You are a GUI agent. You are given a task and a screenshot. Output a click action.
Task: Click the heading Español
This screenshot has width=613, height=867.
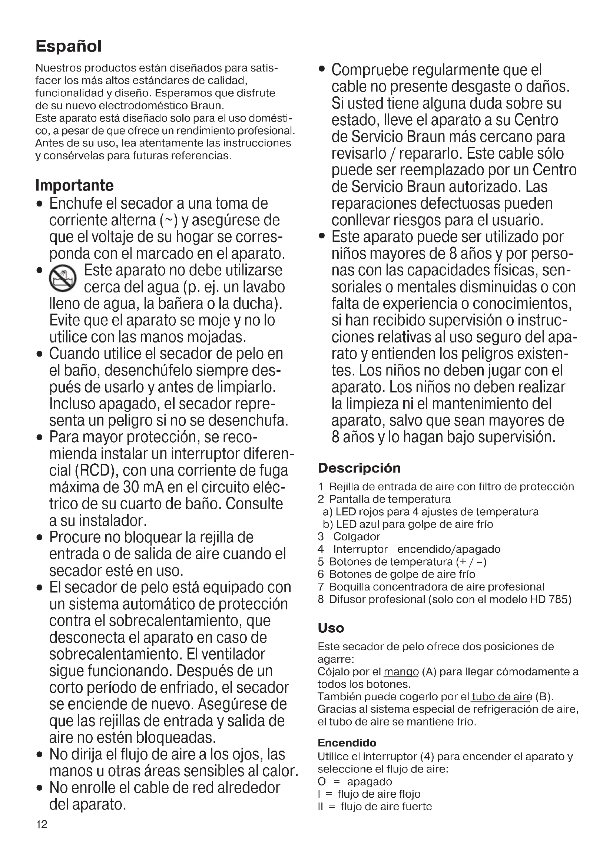click(68, 46)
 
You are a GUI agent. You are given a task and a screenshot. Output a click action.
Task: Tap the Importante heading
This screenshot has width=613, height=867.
click(74, 185)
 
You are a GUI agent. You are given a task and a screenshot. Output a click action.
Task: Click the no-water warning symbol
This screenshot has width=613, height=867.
click(63, 279)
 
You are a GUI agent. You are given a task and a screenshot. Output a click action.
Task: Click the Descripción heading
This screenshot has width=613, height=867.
click(359, 468)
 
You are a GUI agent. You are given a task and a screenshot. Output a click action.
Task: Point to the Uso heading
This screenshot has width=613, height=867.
click(331, 628)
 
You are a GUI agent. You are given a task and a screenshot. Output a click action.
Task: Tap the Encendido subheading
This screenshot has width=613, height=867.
click(347, 743)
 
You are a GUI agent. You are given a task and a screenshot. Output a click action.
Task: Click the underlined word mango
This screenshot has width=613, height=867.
click(401, 672)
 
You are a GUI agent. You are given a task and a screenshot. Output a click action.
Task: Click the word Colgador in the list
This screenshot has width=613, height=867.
click(356, 537)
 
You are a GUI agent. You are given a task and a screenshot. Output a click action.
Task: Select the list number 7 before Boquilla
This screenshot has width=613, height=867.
click(321, 587)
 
